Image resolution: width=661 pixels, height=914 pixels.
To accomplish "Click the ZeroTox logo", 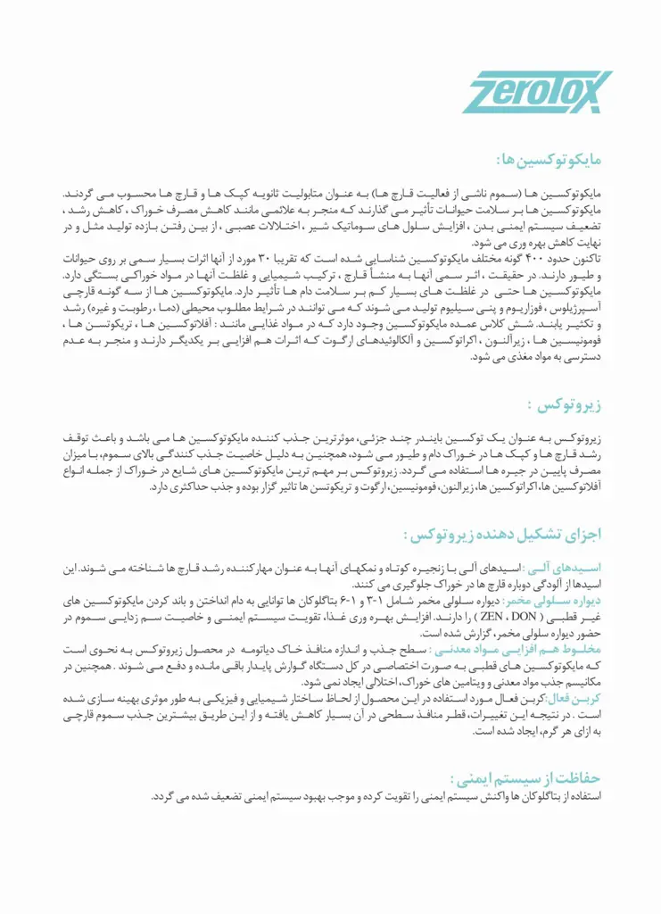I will coord(537,92).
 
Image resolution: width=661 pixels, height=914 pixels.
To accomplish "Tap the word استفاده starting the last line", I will coord(585,795).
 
